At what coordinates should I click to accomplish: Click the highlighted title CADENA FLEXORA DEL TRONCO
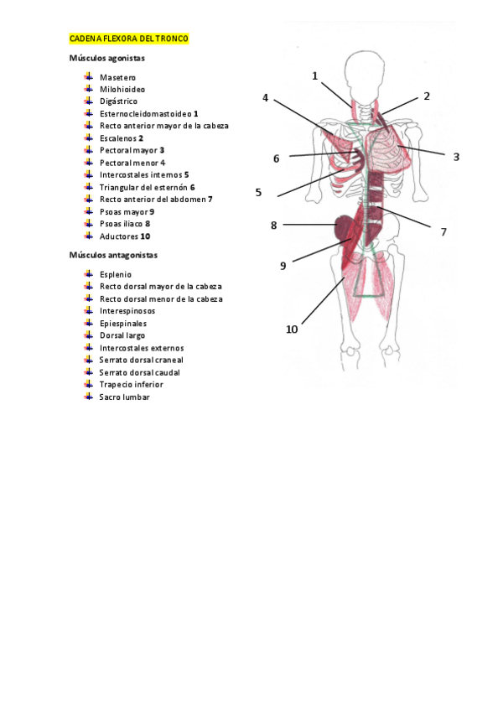(x=129, y=39)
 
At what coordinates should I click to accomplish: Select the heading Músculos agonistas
(x=106, y=59)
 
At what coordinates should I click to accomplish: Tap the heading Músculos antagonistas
(x=113, y=255)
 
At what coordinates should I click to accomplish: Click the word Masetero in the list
(x=117, y=77)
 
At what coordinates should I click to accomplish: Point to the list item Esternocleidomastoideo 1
(x=148, y=114)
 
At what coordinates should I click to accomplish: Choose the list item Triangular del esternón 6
(x=147, y=188)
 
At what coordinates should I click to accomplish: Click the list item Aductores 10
(x=124, y=236)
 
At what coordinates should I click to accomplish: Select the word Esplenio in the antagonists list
(x=116, y=274)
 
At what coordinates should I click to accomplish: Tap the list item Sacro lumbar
(x=124, y=397)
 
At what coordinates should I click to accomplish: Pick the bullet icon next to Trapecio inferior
(x=88, y=385)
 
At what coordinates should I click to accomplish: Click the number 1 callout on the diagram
(x=315, y=75)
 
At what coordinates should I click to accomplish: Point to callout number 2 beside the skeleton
(x=426, y=96)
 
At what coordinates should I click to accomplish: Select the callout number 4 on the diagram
(x=266, y=98)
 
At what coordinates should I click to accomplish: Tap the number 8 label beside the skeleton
(x=273, y=225)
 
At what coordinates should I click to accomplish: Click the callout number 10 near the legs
(x=292, y=330)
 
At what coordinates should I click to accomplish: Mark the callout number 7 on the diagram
(x=443, y=231)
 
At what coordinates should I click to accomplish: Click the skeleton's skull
(x=367, y=71)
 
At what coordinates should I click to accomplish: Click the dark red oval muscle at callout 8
(x=345, y=228)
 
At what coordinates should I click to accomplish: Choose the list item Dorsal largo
(x=122, y=335)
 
